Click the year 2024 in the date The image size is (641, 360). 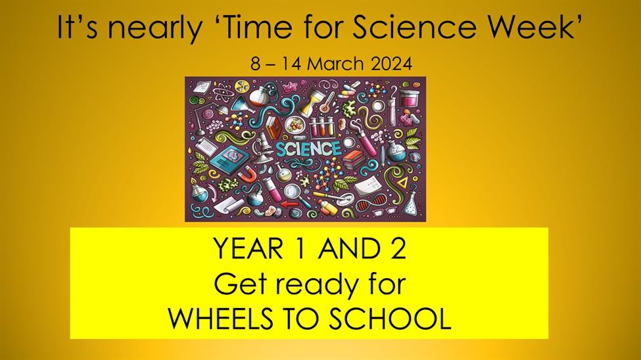[x=392, y=64]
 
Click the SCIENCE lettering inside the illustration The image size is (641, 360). [x=308, y=148]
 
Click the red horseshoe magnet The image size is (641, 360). [x=247, y=175]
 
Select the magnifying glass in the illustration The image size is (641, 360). [x=297, y=194]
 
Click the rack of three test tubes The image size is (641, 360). [x=321, y=126]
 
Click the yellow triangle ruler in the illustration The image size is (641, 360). [x=403, y=181]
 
